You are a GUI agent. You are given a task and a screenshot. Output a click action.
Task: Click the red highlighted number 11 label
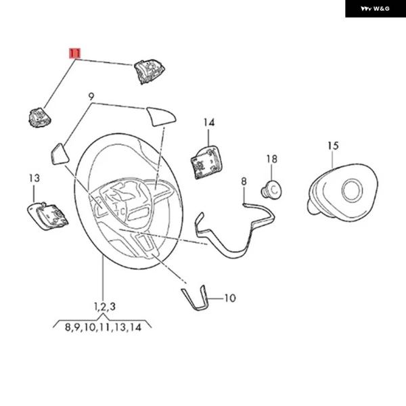point(74,53)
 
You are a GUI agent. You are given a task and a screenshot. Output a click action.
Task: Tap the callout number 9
point(91,97)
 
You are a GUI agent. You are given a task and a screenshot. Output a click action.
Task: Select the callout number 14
point(209,122)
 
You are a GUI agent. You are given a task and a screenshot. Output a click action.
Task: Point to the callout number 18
point(271,159)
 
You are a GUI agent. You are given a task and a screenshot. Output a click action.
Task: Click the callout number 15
point(332,145)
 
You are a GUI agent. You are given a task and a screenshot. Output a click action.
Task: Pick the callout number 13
point(34,178)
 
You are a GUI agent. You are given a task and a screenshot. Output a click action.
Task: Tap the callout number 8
point(244,181)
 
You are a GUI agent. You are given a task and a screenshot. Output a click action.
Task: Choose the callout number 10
point(229,297)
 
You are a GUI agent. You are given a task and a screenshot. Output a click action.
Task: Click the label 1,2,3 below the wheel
point(104,307)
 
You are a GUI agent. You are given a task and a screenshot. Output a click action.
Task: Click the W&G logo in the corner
point(375,9)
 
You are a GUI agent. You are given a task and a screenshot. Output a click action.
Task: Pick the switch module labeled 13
point(47,216)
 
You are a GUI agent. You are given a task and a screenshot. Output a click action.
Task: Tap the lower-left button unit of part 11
point(39,116)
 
